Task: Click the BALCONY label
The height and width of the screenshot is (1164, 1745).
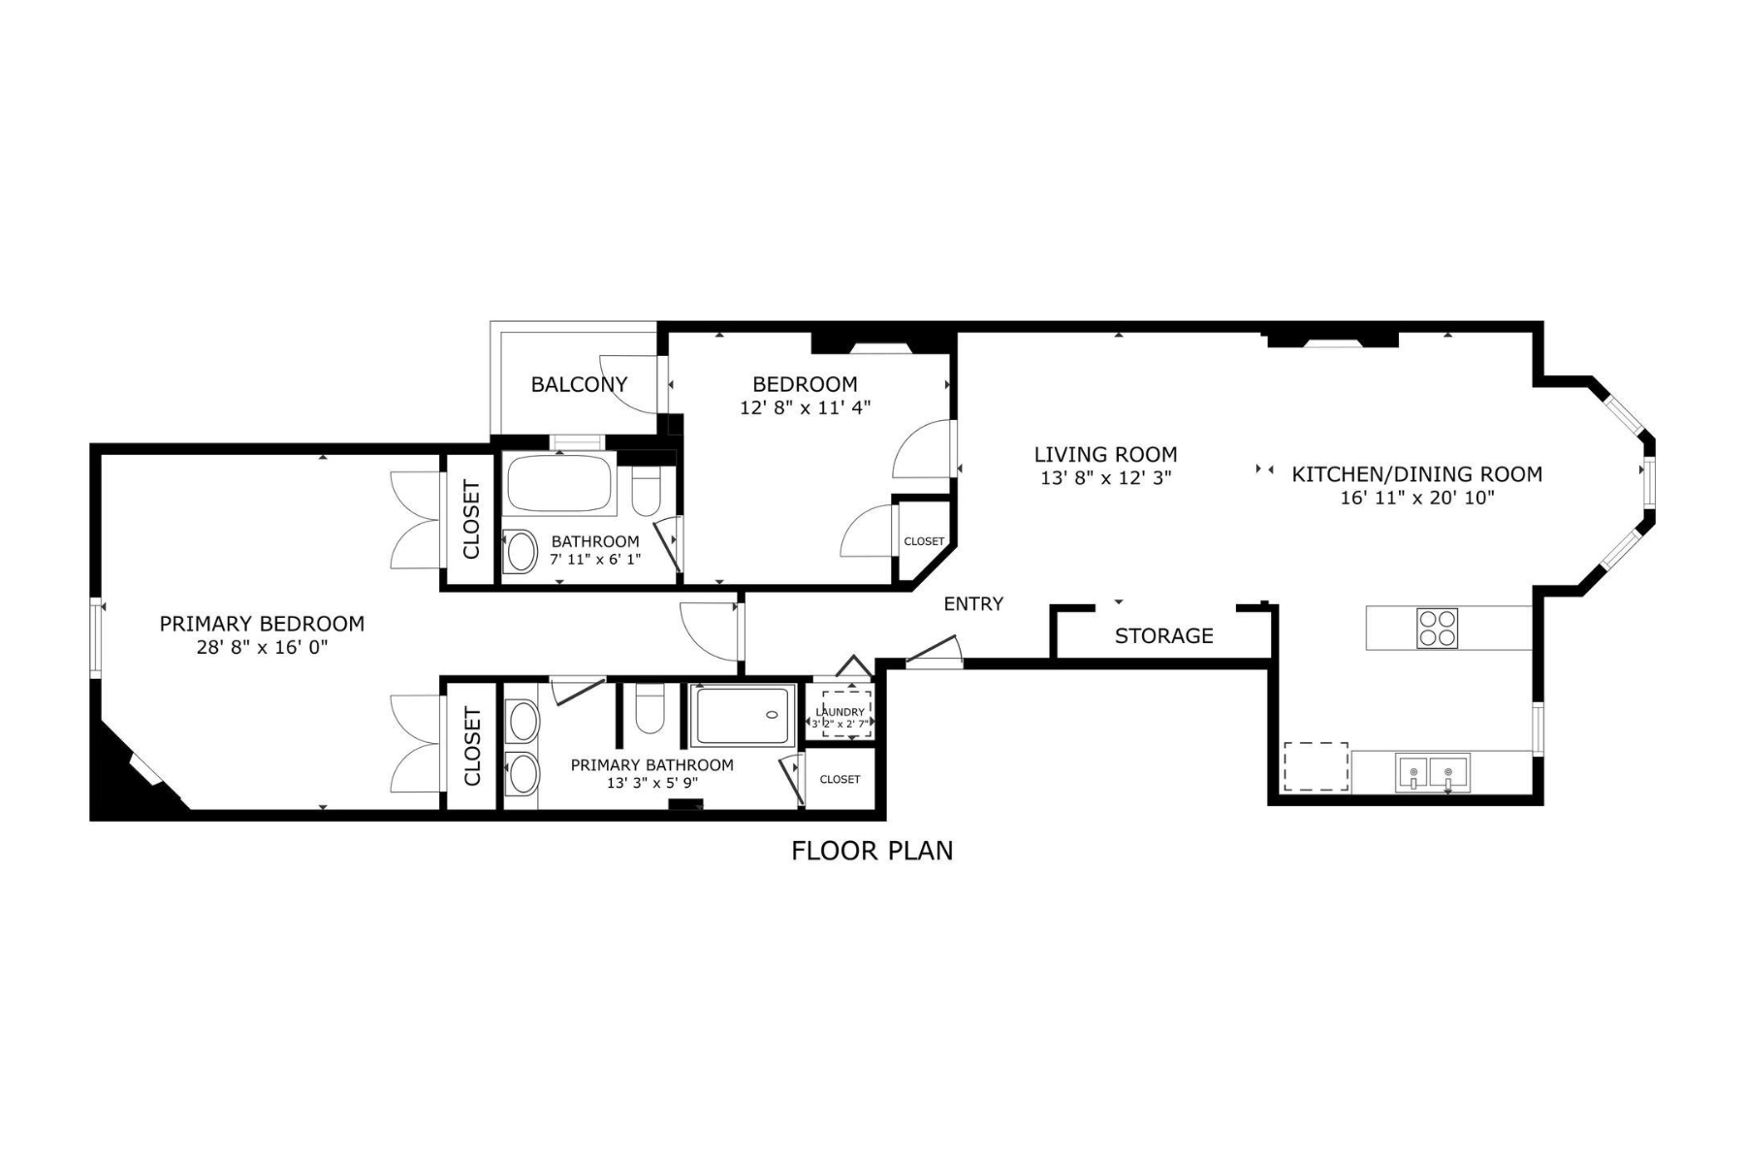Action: [579, 384]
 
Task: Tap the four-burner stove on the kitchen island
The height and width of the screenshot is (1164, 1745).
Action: [1437, 628]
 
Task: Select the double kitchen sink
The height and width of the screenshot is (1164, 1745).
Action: [1432, 772]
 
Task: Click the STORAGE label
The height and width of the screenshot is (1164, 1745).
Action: [1163, 635]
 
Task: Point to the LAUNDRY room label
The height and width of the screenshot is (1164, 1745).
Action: [841, 712]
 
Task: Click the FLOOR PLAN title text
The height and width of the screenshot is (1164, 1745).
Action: [872, 851]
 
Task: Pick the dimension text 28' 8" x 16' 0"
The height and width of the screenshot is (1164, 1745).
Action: [262, 647]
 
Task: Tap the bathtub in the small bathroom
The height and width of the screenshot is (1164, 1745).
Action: [560, 484]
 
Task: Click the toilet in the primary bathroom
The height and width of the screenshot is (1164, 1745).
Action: [649, 709]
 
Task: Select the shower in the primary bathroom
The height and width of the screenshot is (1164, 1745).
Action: [743, 715]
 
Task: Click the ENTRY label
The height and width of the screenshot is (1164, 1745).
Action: [973, 603]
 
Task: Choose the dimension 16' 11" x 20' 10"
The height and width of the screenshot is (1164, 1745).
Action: [1417, 498]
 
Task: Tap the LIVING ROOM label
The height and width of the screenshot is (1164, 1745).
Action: [1105, 454]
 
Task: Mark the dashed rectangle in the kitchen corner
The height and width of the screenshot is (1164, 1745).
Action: [1316, 766]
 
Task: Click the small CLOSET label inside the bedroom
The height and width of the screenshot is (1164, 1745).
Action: [924, 541]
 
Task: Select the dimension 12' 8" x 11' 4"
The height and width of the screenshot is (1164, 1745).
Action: [805, 407]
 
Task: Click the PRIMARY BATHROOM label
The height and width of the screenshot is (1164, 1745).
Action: [651, 764]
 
